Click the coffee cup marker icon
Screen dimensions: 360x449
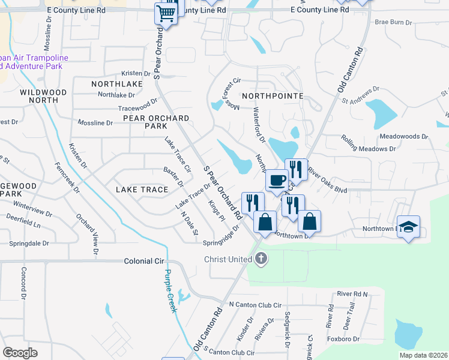277,180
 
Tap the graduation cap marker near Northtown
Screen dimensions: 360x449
409,227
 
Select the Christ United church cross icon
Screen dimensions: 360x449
261,259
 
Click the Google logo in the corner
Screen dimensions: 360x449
20,353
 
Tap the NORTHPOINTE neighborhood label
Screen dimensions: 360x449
270,96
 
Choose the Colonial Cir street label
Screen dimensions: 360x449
144,262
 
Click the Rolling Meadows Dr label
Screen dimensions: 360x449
369,148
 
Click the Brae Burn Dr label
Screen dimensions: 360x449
393,22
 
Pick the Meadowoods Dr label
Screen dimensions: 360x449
403,137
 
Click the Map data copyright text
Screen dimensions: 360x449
423,355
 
